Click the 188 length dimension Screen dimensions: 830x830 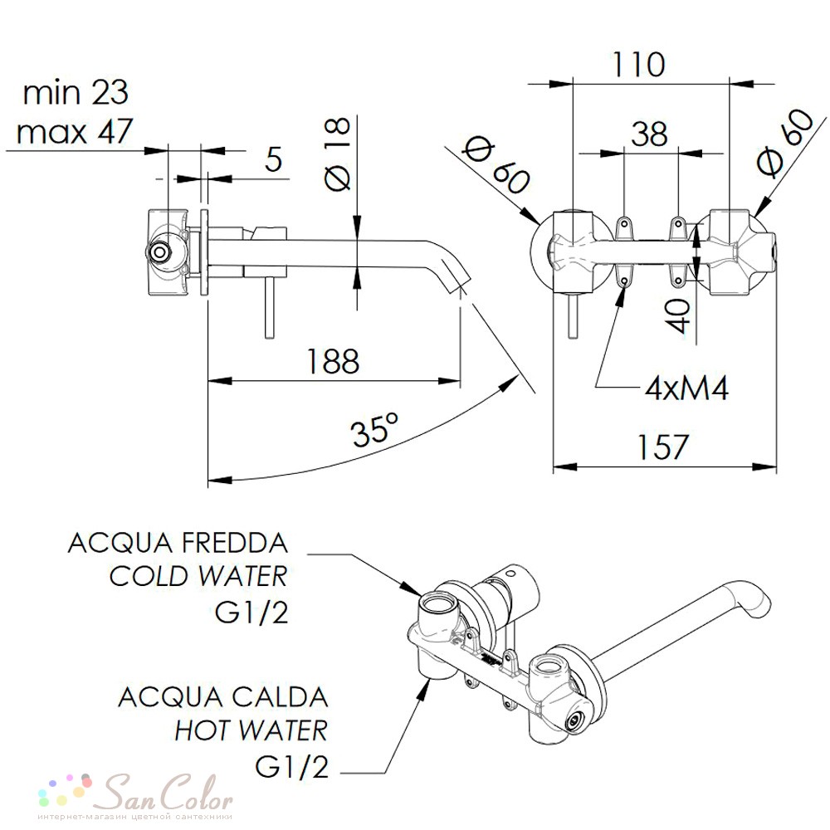point(333,361)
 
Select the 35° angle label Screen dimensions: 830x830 point(374,429)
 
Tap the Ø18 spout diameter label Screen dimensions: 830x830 point(337,154)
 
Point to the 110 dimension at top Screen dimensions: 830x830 point(637,65)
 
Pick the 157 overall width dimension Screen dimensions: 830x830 point(662,447)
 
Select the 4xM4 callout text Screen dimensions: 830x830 point(686,388)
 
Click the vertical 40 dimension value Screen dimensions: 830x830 point(678,315)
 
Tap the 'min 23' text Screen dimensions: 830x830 point(76,92)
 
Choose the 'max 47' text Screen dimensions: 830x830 point(74,131)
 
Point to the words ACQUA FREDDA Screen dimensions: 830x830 point(178,543)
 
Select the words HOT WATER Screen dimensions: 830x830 point(251,730)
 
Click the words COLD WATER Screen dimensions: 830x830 point(198,576)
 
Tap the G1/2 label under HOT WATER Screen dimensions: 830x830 point(291,765)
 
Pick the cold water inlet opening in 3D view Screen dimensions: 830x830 point(435,603)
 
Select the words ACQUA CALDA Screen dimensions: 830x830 point(222,697)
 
